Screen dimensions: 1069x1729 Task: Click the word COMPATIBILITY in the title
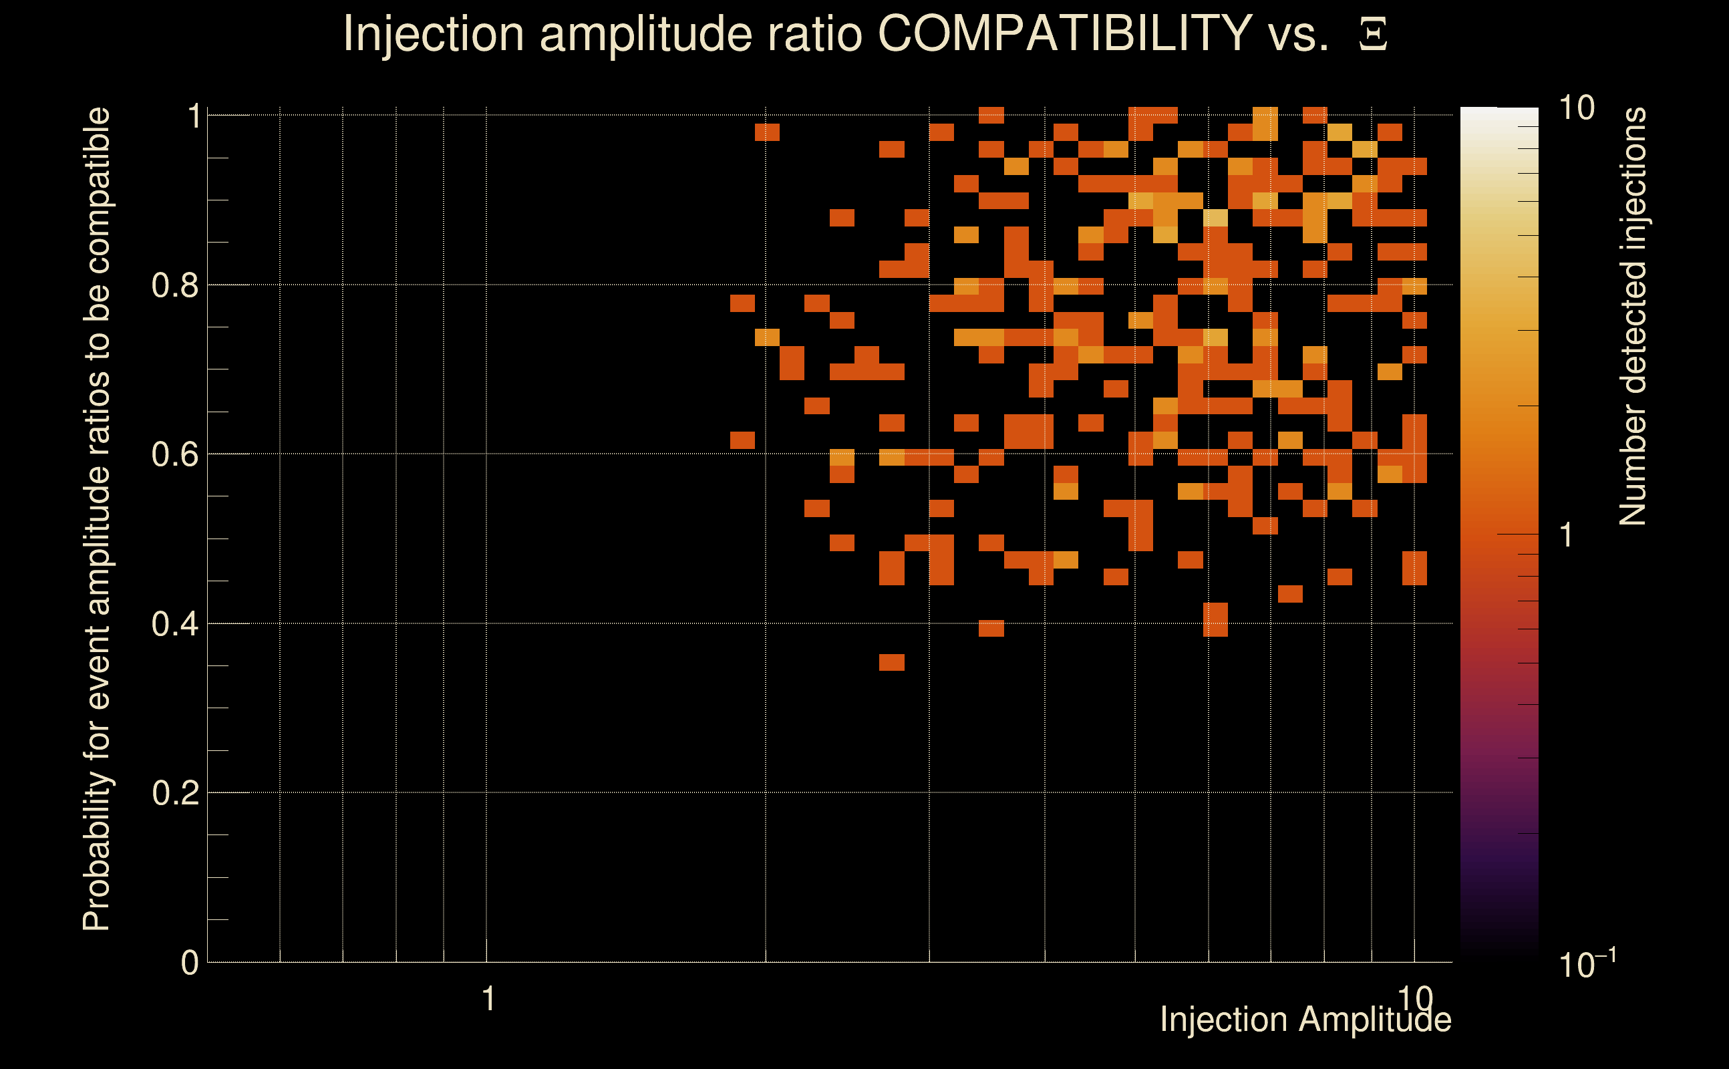(x=1064, y=33)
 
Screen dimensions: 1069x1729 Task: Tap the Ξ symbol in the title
(x=1373, y=34)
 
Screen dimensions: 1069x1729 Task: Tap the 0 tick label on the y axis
(x=190, y=963)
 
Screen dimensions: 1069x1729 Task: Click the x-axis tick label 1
(x=488, y=1000)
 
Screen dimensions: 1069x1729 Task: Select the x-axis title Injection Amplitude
(x=1305, y=1020)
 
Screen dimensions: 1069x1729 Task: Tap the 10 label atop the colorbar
(x=1576, y=108)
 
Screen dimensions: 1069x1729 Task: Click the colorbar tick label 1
(x=1567, y=536)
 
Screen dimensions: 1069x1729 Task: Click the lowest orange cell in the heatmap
(x=891, y=663)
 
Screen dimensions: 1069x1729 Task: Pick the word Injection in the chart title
(x=434, y=33)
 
